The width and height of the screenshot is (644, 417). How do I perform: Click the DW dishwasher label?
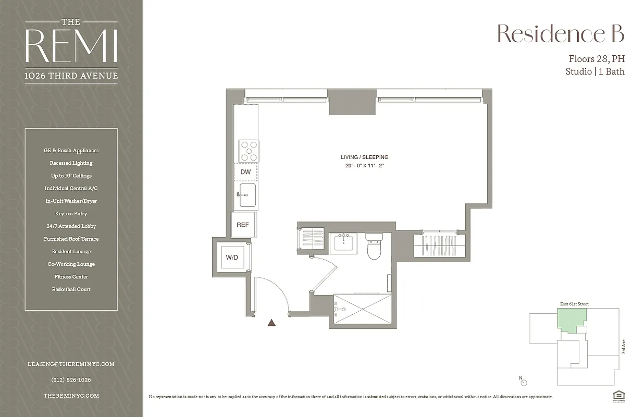(245, 171)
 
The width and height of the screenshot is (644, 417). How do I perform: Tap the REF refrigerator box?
(243, 225)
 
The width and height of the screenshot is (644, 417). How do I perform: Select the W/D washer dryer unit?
(232, 257)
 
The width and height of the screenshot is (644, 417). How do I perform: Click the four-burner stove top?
(249, 151)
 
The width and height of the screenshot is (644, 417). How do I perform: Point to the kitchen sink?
(247, 195)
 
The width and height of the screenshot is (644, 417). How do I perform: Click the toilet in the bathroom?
(374, 247)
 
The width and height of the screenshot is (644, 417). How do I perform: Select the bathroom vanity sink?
(344, 242)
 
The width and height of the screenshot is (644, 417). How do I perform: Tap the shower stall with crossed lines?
(362, 311)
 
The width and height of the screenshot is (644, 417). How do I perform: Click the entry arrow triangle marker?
(271, 323)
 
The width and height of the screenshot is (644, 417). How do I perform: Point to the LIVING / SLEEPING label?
(364, 157)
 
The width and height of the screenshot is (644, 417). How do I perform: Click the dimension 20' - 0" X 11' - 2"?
(364, 166)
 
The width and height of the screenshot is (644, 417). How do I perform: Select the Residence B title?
(560, 34)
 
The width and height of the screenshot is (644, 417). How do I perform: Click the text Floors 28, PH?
(596, 59)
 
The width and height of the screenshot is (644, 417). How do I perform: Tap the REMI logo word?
(71, 46)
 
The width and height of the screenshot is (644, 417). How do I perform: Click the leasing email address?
(71, 364)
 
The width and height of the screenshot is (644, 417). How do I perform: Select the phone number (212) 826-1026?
(71, 380)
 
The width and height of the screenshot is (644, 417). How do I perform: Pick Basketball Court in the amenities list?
(71, 289)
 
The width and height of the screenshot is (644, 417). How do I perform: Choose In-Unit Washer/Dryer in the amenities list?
(71, 201)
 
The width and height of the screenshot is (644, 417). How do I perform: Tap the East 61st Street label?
(574, 304)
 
